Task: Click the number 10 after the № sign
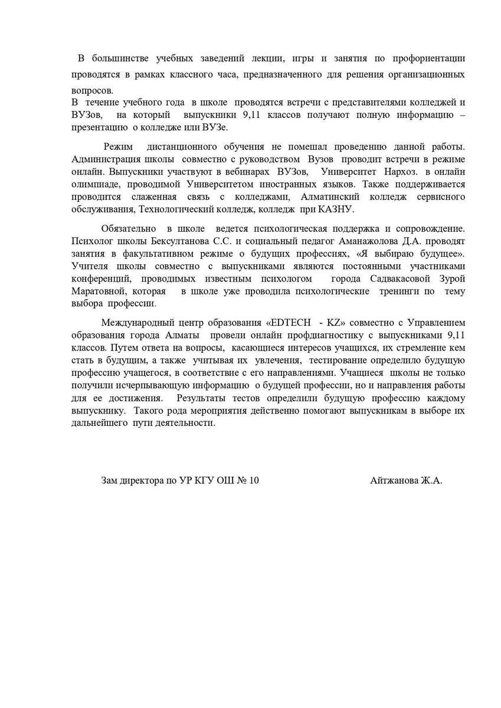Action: point(253,480)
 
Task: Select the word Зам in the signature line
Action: point(110,480)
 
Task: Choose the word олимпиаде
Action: point(94,184)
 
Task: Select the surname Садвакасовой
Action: point(398,278)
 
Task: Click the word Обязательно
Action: point(128,228)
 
